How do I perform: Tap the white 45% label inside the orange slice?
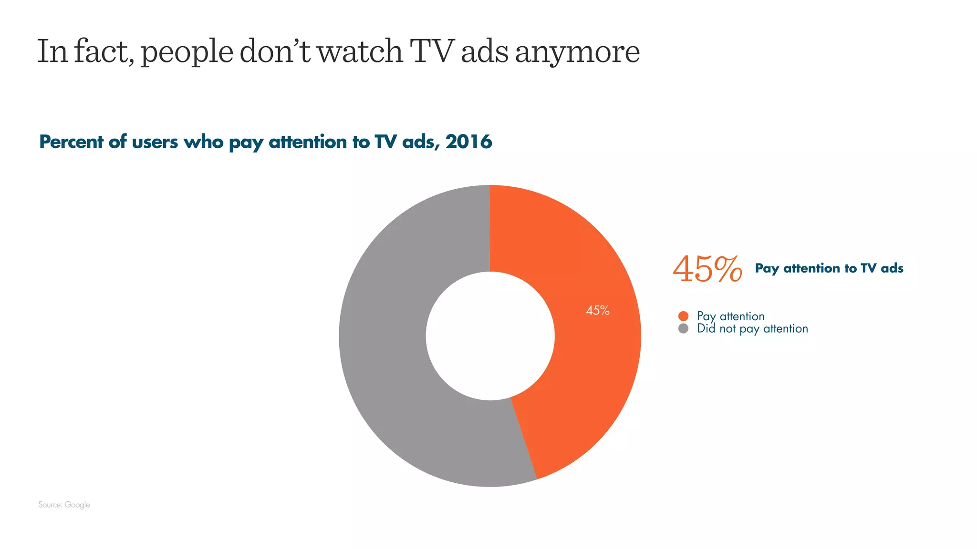[597, 311]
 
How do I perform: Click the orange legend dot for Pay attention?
[683, 316]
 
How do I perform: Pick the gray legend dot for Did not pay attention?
[683, 328]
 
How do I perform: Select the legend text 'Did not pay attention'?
[752, 329]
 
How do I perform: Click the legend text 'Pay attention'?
[730, 316]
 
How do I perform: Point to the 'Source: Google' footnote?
[64, 505]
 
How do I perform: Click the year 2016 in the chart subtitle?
[469, 142]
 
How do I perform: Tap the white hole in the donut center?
[490, 336]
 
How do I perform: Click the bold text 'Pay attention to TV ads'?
[829, 268]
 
